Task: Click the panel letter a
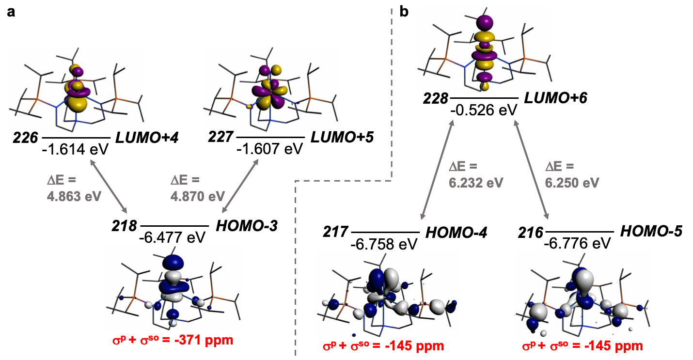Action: point(11,13)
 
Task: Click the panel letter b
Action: point(404,12)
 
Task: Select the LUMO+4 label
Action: point(147,138)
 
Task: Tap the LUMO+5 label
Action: point(342,137)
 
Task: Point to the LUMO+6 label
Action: point(556,98)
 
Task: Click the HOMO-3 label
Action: point(247,226)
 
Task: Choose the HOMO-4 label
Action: point(457,233)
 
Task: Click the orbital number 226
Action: point(25,138)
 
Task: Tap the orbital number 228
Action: point(436,99)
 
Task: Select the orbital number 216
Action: point(531,233)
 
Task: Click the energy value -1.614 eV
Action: point(75,150)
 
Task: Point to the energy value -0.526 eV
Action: point(484,110)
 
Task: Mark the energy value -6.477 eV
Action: point(173,237)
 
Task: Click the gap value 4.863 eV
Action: point(74,196)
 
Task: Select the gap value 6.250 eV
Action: point(572,183)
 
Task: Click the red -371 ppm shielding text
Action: point(173,340)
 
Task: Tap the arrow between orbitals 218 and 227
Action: point(240,186)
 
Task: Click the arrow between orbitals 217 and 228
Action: point(437,170)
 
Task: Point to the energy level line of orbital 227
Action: point(270,137)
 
